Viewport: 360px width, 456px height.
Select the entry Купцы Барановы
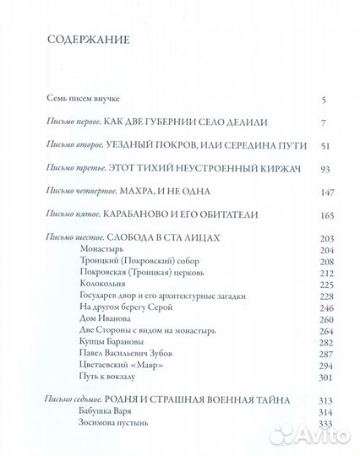click(105, 343)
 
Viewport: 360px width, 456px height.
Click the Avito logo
click(316, 436)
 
